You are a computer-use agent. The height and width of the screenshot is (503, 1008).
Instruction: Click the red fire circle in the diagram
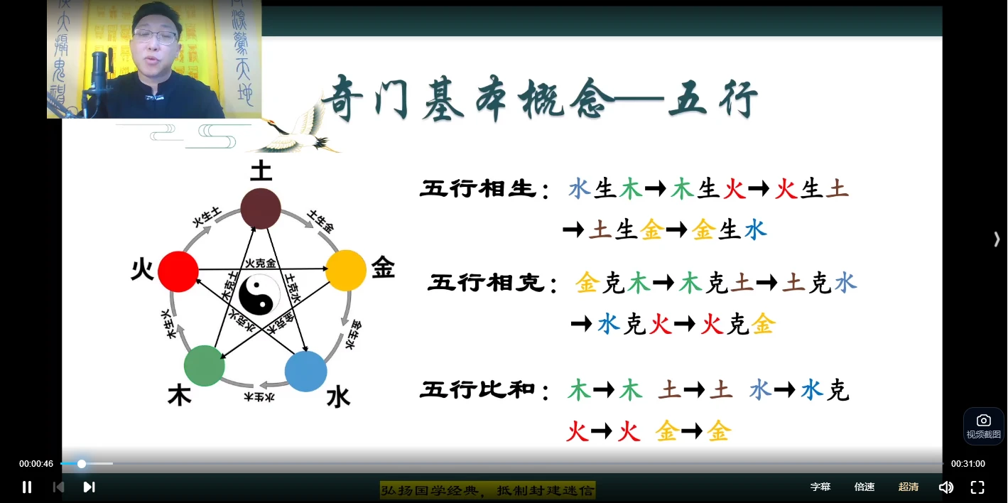pyautogui.click(x=178, y=271)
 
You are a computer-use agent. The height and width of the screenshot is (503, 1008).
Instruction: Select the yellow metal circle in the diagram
pyautogui.click(x=346, y=270)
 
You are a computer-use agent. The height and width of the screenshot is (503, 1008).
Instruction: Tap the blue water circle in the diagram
pyautogui.click(x=305, y=371)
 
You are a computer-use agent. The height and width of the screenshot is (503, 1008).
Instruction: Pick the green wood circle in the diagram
pyautogui.click(x=205, y=366)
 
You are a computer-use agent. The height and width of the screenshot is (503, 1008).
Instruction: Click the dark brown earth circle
pyautogui.click(x=261, y=208)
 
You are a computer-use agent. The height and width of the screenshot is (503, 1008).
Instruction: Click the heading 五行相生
pyautogui.click(x=477, y=190)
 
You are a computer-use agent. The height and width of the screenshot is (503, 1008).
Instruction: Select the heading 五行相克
pyautogui.click(x=486, y=283)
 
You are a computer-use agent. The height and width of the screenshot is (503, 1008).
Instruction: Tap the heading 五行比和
pyautogui.click(x=477, y=391)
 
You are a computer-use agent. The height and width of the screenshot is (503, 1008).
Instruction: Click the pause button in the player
pyautogui.click(x=27, y=487)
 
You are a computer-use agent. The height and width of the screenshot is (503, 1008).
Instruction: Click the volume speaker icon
pyautogui.click(x=945, y=487)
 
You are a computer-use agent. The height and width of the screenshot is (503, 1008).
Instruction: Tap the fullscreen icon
pyautogui.click(x=977, y=487)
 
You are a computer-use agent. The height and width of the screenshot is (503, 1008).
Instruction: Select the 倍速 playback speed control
pyautogui.click(x=865, y=487)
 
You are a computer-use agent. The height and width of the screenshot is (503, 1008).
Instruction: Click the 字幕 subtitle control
pyautogui.click(x=820, y=487)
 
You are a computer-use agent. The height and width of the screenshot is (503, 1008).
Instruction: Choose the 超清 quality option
pyautogui.click(x=908, y=487)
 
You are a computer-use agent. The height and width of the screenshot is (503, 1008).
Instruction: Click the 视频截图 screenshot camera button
pyautogui.click(x=983, y=426)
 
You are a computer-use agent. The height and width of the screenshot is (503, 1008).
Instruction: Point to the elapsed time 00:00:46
pyautogui.click(x=36, y=464)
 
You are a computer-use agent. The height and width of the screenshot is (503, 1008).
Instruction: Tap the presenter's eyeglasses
pyautogui.click(x=155, y=36)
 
